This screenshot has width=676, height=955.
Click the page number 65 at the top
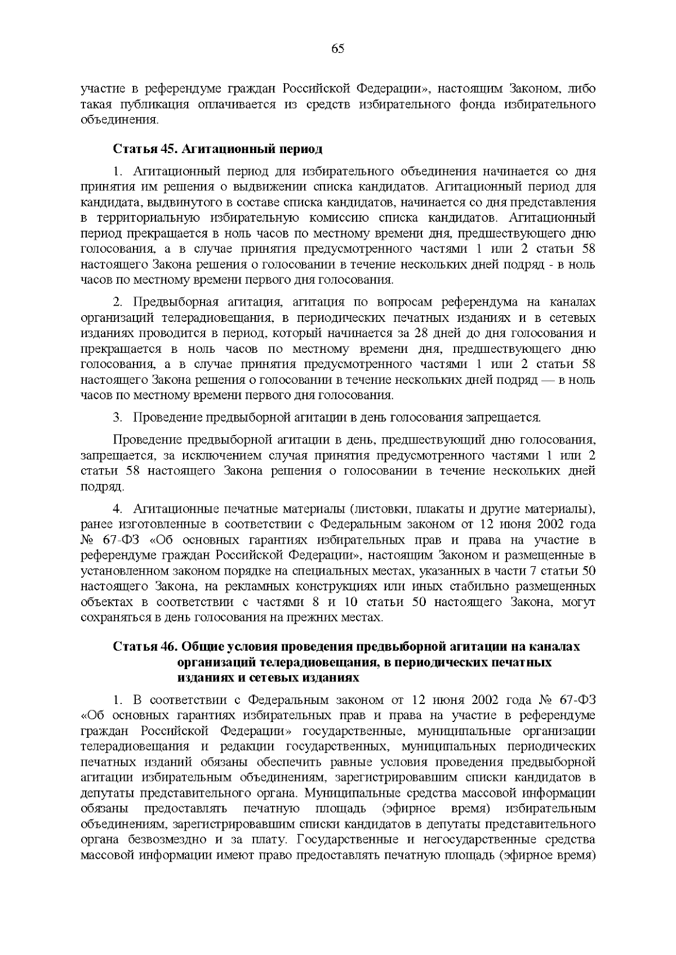(x=338, y=49)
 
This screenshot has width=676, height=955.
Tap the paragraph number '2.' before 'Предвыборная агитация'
(x=118, y=302)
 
